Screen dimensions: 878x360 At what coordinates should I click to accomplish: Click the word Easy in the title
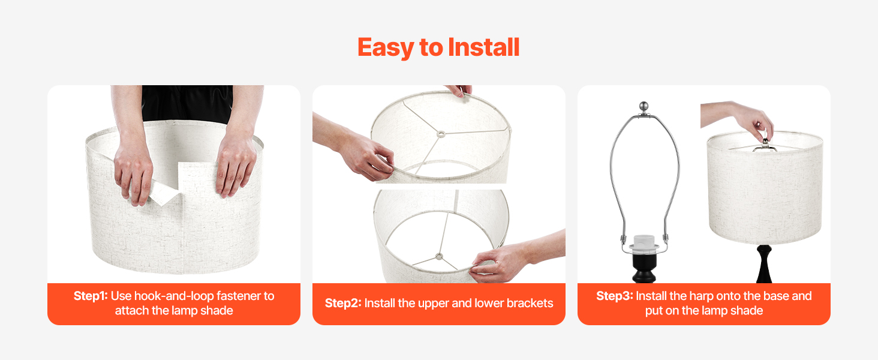(386, 47)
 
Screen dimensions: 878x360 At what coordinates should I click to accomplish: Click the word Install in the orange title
(484, 47)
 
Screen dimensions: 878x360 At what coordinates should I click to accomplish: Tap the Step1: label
(91, 296)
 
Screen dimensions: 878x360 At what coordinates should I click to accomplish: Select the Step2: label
(343, 303)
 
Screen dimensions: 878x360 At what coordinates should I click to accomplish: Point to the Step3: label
(615, 296)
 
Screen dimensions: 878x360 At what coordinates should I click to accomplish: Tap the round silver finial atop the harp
(644, 106)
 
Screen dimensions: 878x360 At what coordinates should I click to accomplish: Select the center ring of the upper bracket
(441, 134)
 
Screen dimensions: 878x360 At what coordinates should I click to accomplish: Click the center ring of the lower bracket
(440, 256)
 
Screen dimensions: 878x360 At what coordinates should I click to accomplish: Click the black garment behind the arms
(187, 103)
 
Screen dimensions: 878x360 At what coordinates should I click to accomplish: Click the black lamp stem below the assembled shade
(764, 264)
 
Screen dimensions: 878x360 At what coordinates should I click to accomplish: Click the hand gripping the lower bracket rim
(494, 263)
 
